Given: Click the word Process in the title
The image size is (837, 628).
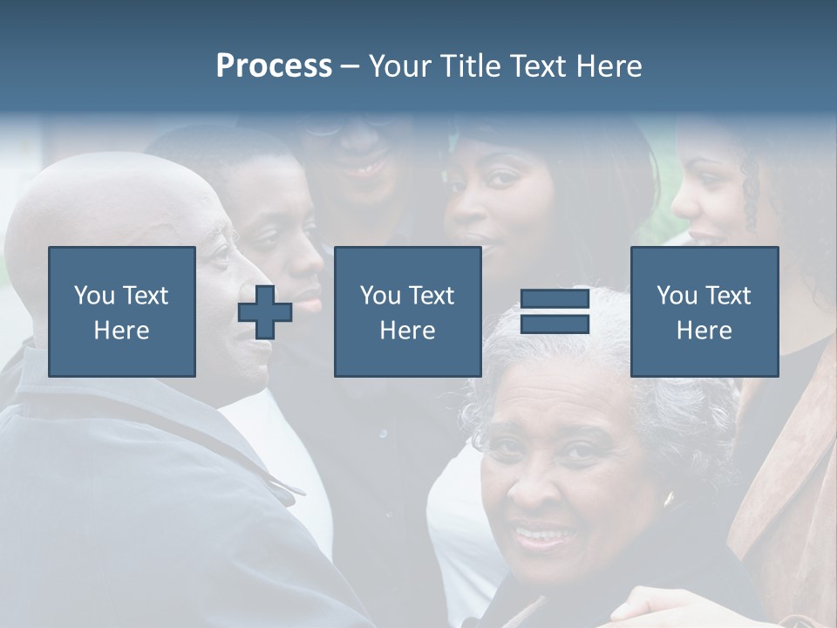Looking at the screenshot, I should tap(274, 66).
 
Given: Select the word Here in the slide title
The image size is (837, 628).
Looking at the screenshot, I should tap(609, 66).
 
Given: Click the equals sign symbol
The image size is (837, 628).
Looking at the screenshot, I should tap(555, 312).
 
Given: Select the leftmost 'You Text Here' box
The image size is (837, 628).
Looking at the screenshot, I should tap(122, 312).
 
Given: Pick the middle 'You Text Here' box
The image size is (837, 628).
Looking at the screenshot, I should tap(407, 312).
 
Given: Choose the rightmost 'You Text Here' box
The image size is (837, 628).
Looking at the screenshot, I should tap(704, 312).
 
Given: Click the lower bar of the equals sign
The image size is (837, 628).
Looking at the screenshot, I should tap(555, 324).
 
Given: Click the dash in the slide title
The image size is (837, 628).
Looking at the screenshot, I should tap(350, 66).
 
